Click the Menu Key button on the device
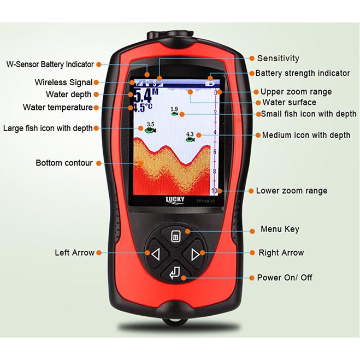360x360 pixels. tap(176, 236)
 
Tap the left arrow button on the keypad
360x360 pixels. tap(155, 253)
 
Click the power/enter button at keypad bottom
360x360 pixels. tap(175, 272)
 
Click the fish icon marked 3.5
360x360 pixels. tap(150, 129)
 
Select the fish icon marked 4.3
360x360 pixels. tap(190, 139)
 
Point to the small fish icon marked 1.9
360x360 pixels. tap(174, 114)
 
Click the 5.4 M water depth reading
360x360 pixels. tap(143, 95)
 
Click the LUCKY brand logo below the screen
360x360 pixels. tap(175, 199)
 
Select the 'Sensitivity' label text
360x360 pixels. tap(278, 58)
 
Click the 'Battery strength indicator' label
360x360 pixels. tap(303, 73)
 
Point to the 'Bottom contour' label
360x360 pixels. tap(64, 163)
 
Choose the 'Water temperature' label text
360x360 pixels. tap(57, 107)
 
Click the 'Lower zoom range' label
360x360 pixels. tap(291, 191)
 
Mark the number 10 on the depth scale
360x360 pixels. tap(214, 191)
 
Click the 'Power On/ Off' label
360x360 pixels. tap(285, 278)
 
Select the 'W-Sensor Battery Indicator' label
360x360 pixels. tap(50, 64)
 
